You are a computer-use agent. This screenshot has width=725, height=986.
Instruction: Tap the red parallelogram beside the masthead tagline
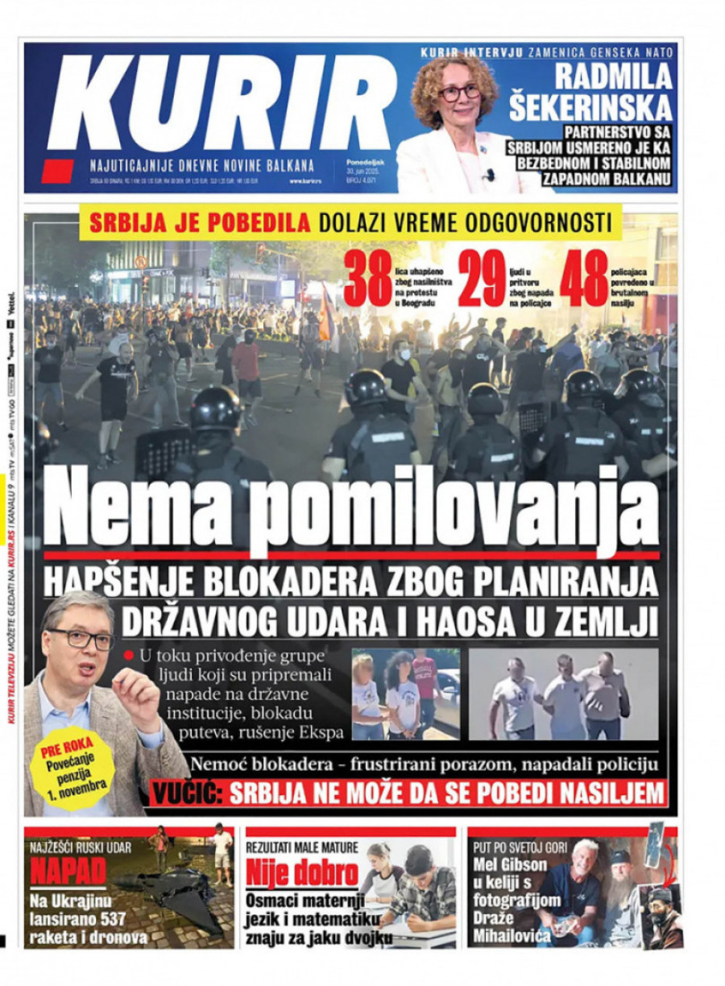click(x=57, y=171)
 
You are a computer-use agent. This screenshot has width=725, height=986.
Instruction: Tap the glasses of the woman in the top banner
click(x=459, y=93)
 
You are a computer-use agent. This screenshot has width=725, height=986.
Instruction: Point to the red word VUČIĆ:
click(x=186, y=793)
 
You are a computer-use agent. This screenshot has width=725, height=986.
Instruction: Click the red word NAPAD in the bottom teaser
click(x=68, y=872)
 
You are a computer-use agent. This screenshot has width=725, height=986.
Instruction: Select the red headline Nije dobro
click(x=302, y=872)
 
